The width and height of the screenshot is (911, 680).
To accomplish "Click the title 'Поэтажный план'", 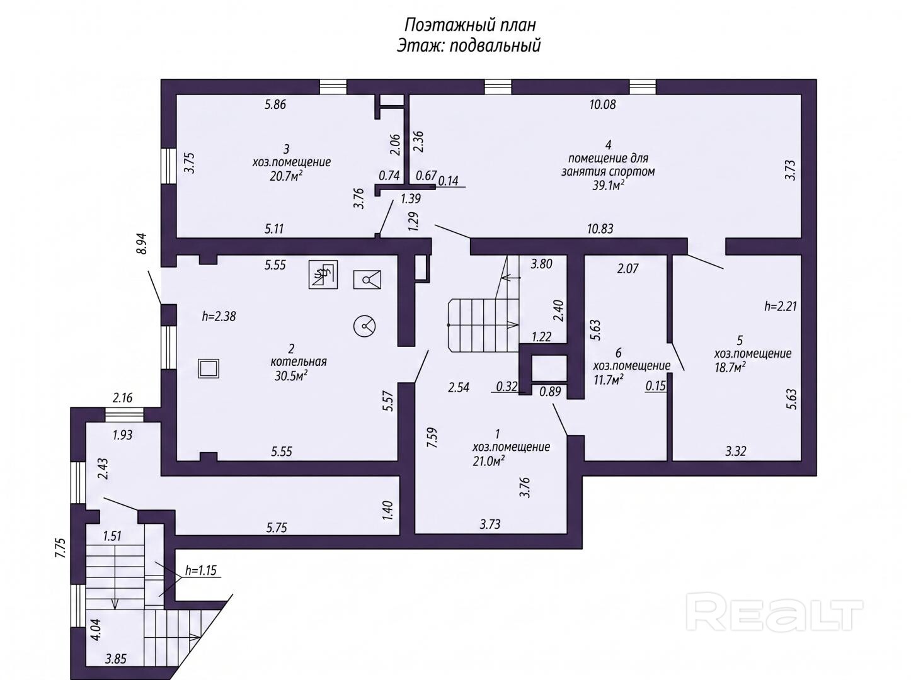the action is (x=470, y=25).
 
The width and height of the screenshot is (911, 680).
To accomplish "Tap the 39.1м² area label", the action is (x=608, y=185).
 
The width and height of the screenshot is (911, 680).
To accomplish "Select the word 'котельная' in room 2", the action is (x=299, y=361).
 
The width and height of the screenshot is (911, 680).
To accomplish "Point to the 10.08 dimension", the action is (x=602, y=105).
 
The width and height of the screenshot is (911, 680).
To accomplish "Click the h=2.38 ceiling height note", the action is (x=219, y=316).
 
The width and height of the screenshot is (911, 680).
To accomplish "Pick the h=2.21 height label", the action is (x=780, y=307).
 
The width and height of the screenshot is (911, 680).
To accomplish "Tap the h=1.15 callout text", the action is (x=201, y=570).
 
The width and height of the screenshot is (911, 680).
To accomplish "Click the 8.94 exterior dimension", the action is (x=142, y=244).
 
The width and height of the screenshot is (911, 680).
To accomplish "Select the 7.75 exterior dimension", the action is (x=60, y=548).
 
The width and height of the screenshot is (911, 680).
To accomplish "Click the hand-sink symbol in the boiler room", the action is (x=323, y=275).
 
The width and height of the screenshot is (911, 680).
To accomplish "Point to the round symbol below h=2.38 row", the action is (x=364, y=326).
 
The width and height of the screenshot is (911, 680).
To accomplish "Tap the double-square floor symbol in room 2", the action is (x=209, y=368).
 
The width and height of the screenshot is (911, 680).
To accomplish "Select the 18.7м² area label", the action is (x=730, y=367).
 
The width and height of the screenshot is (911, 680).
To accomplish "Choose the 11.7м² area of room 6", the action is (x=609, y=380).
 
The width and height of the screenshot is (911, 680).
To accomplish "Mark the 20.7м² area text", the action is (x=285, y=176).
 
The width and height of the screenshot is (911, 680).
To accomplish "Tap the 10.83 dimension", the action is (x=600, y=229).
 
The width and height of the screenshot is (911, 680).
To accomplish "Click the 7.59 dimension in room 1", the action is (x=432, y=438).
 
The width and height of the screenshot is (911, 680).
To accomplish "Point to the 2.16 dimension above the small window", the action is (x=122, y=398).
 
